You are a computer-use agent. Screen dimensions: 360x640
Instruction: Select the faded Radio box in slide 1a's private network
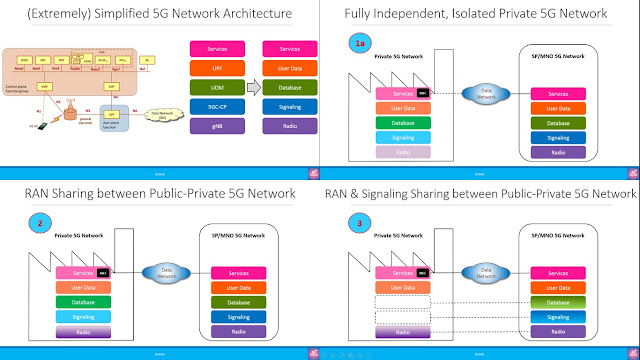tap(400, 152)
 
